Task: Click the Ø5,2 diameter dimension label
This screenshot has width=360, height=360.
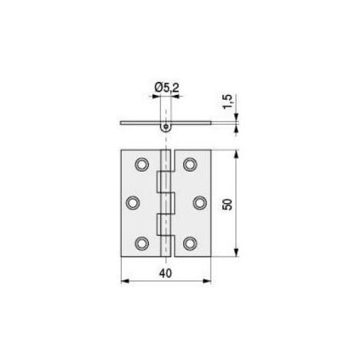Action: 167,88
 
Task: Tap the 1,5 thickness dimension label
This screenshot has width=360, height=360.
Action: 228,102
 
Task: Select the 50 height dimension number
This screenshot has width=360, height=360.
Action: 227,205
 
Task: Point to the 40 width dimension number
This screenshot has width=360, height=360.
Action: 165,273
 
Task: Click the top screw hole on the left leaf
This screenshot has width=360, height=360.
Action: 142,165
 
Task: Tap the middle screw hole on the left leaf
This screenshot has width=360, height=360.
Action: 133,203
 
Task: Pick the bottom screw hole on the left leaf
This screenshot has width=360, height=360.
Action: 142,244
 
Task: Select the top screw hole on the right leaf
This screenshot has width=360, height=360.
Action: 190,165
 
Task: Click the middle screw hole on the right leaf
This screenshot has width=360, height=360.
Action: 200,203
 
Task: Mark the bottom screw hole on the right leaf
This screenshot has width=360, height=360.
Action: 190,244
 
